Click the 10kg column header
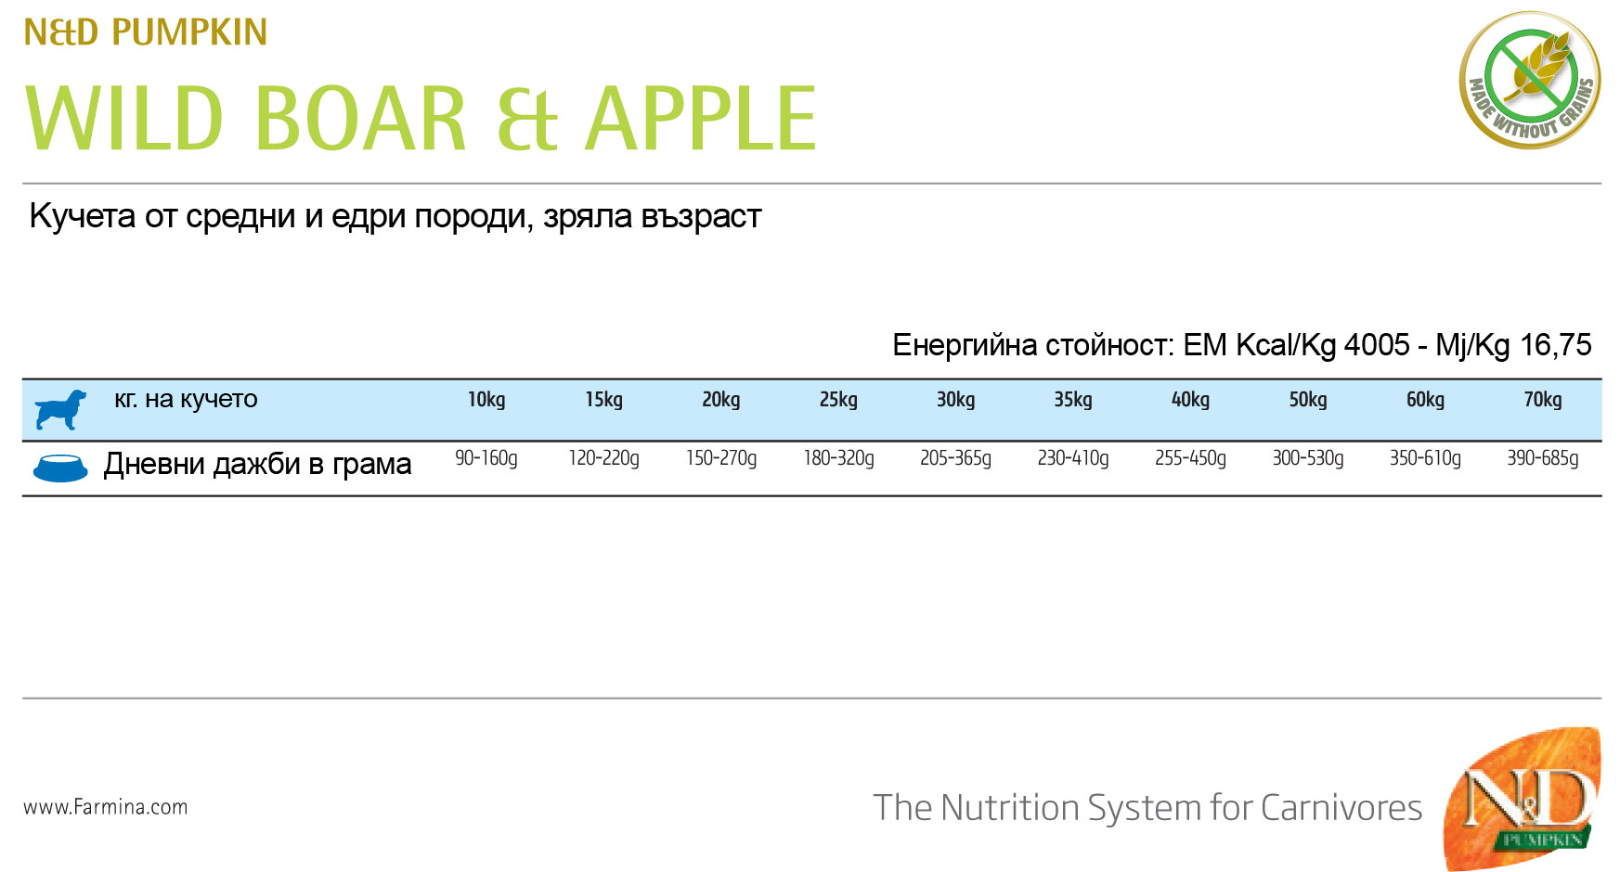(486, 400)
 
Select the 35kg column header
(1072, 400)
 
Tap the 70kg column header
(1542, 400)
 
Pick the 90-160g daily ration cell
(486, 458)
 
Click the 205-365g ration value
(955, 458)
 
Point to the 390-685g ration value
(1542, 458)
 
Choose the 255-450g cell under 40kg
(1190, 458)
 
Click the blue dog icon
(60, 409)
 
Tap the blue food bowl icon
(60, 468)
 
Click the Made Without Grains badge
(1530, 80)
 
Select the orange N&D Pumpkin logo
(1523, 799)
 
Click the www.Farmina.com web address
(106, 807)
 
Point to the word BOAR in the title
(360, 118)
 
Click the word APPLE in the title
(701, 118)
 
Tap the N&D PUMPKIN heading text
(145, 32)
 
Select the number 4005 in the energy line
(1377, 345)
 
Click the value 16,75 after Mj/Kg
(1555, 345)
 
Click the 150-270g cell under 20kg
(721, 458)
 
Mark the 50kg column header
(1307, 400)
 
